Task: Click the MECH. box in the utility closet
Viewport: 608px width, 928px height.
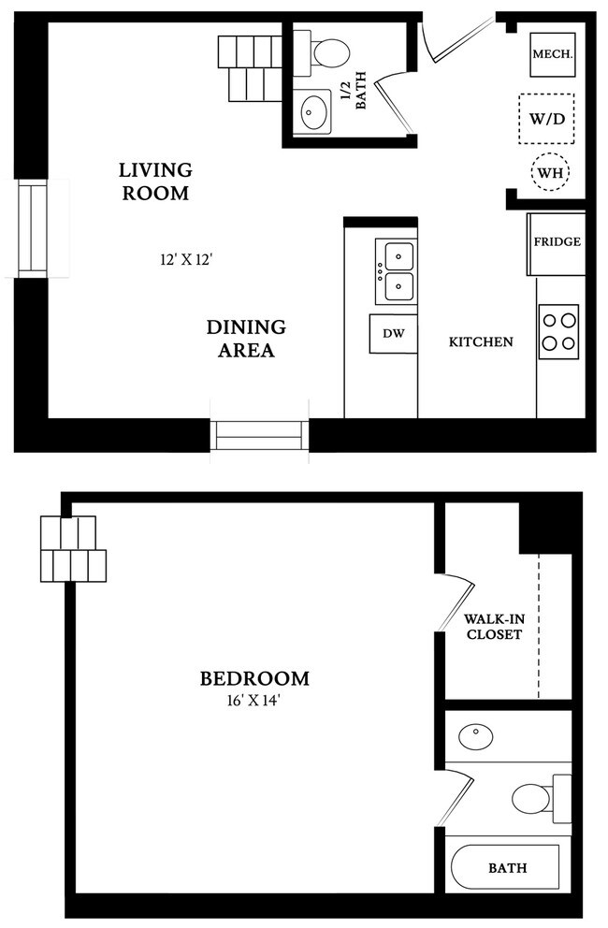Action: click(x=552, y=55)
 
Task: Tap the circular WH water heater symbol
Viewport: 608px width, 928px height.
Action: click(x=551, y=172)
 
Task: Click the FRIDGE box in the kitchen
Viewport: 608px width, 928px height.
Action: click(x=557, y=243)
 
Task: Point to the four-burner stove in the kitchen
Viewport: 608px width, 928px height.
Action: click(x=558, y=331)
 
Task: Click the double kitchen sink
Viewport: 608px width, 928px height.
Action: click(x=397, y=271)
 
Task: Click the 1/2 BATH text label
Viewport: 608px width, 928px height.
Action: click(x=352, y=94)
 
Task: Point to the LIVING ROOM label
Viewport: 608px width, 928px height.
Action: click(x=155, y=181)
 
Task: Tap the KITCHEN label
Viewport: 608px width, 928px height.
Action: click(x=481, y=341)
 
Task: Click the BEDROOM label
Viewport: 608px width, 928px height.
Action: click(x=254, y=678)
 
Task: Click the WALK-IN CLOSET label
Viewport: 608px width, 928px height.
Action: click(x=493, y=627)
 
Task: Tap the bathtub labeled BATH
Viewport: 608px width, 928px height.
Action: click(x=505, y=867)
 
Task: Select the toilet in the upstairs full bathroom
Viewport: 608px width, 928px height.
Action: click(x=538, y=798)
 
